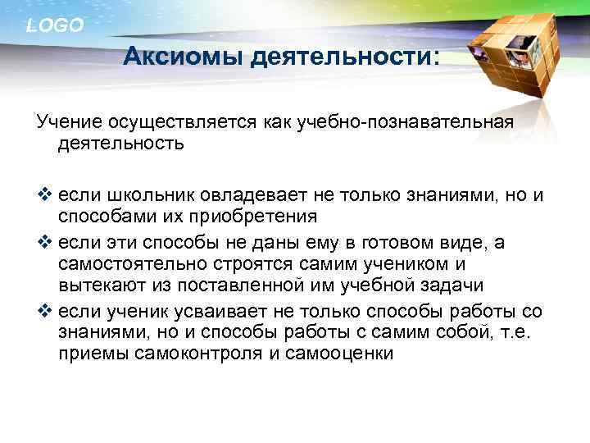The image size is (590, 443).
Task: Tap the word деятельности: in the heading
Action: (x=343, y=58)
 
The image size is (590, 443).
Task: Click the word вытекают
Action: (x=98, y=285)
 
